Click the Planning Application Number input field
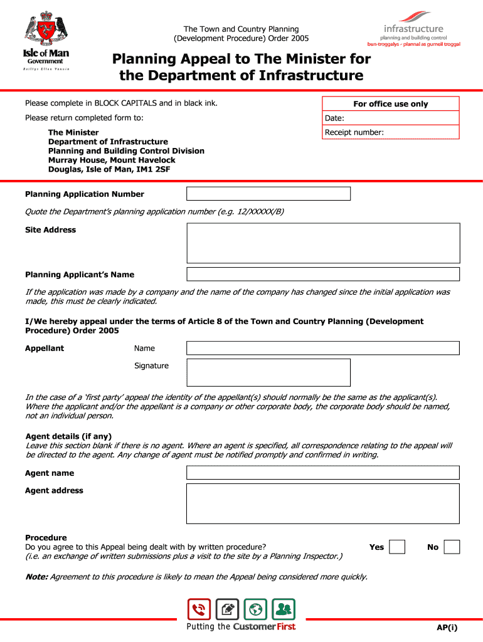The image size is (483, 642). [268, 194]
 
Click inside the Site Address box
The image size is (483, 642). [323, 243]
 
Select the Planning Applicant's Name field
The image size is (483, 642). [323, 274]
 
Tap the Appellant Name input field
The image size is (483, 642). [323, 348]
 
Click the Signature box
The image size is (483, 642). [268, 372]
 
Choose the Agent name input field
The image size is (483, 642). [323, 473]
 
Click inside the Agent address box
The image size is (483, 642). [323, 503]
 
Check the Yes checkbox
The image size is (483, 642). [397, 547]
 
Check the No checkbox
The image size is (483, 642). [452, 547]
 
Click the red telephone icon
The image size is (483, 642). [199, 609]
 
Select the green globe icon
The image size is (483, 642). [255, 609]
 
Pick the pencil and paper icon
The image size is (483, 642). [227, 609]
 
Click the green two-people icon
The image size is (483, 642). [284, 609]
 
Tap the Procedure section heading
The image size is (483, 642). [46, 538]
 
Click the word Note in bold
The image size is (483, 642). [36, 577]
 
